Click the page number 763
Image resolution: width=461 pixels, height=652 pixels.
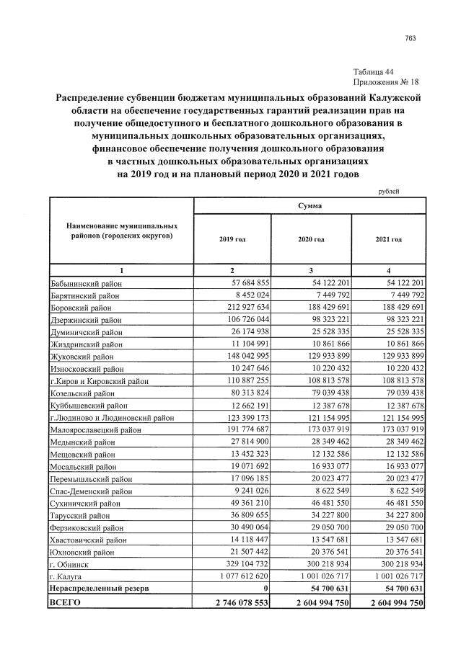pyautogui.click(x=410, y=38)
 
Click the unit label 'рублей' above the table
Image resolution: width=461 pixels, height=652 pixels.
pyautogui.click(x=388, y=191)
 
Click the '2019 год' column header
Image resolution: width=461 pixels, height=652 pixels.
pyautogui.click(x=232, y=238)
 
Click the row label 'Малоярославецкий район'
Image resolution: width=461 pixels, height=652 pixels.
pyautogui.click(x=95, y=429)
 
